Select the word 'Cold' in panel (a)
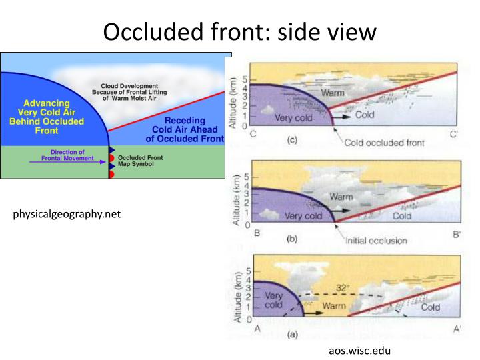pos(431,307)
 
